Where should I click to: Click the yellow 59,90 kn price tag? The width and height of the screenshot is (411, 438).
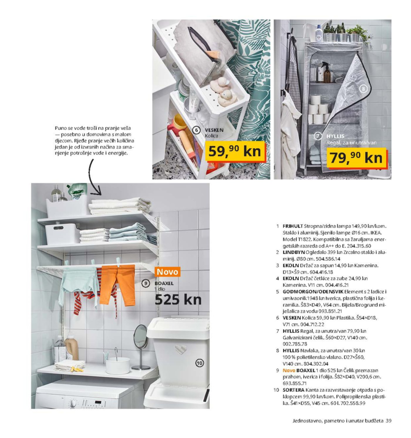pyautogui.click(x=235, y=151)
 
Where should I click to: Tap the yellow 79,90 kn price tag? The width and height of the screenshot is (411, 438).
pyautogui.click(x=356, y=158)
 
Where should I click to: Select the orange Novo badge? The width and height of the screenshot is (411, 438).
pyautogui.click(x=167, y=272)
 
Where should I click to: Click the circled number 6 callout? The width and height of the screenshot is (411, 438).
pyautogui.click(x=196, y=130)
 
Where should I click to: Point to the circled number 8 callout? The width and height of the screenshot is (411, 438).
pyautogui.click(x=363, y=88)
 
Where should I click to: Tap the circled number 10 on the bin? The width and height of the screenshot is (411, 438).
pyautogui.click(x=199, y=363)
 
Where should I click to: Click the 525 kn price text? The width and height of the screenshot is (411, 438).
pyautogui.click(x=178, y=300)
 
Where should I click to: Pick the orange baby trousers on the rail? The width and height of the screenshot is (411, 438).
pyautogui.click(x=117, y=285)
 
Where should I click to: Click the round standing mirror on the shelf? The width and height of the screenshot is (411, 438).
pyautogui.click(x=141, y=336)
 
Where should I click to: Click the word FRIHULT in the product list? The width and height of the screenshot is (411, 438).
pyautogui.click(x=293, y=226)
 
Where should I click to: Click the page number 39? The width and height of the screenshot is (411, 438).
pyautogui.click(x=388, y=421)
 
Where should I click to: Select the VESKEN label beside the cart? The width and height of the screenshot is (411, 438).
pyautogui.click(x=214, y=130)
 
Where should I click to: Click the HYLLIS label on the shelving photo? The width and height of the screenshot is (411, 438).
pyautogui.click(x=335, y=136)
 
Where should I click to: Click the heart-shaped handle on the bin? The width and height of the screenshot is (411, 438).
pyautogui.click(x=181, y=349)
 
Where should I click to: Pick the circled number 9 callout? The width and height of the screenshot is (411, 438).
pyautogui.click(x=146, y=284)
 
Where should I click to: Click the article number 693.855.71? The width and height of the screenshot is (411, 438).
pyautogui.click(x=294, y=383)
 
